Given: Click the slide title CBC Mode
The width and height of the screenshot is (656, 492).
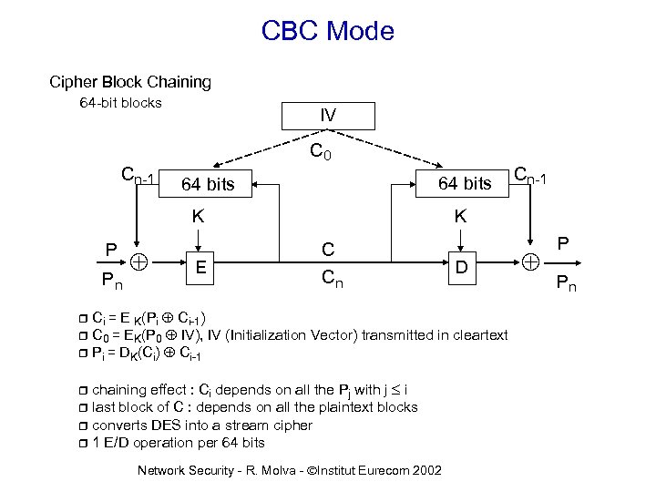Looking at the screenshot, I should coord(327,31).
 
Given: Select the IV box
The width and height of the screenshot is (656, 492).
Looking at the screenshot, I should coord(327,116).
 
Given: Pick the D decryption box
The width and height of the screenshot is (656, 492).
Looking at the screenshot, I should coord(462,267).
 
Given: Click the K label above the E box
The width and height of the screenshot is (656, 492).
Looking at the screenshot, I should coord(198,217).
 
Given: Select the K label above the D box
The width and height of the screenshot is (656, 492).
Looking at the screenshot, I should coord(461,217).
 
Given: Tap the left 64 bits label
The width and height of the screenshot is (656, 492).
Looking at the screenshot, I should coord(208,185).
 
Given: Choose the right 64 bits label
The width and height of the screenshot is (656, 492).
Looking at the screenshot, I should coord(465,184).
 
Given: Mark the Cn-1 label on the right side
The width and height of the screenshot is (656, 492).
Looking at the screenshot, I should coord(531,175).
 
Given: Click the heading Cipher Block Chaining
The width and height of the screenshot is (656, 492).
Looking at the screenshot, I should coord(130,82).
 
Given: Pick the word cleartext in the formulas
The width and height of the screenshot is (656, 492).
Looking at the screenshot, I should coord(477,335).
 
